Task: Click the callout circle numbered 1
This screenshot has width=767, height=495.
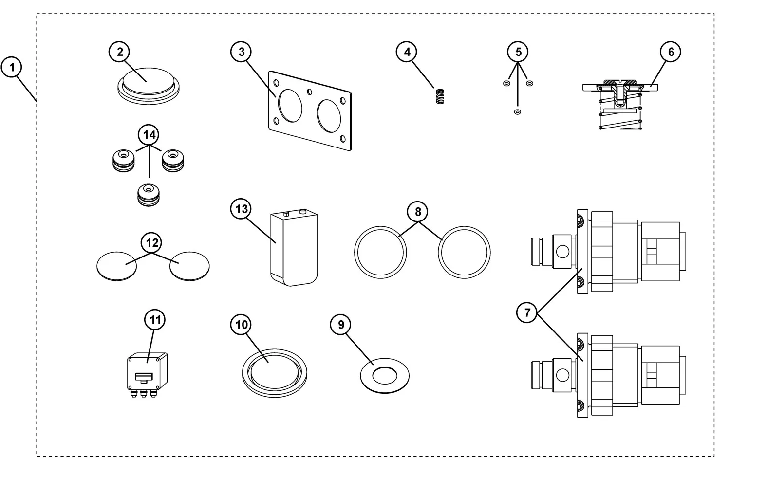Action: coord(12,67)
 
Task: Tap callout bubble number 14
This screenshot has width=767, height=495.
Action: coord(149,135)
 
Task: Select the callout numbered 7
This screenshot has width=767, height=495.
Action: coord(527,312)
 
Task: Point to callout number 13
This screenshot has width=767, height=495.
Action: coord(242,209)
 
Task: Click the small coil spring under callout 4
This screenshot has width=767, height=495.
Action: coord(440,96)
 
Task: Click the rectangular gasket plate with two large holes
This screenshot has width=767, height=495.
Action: coord(310,111)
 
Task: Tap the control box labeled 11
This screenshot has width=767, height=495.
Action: coord(147,374)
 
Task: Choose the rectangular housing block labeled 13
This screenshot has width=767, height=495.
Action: coord(294,248)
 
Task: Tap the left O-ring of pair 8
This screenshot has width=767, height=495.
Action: coord(380,252)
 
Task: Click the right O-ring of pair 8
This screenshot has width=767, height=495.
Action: coord(464,252)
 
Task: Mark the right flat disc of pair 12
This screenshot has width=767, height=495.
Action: coord(189,266)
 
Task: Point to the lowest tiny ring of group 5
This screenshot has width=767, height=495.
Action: coord(518,112)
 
